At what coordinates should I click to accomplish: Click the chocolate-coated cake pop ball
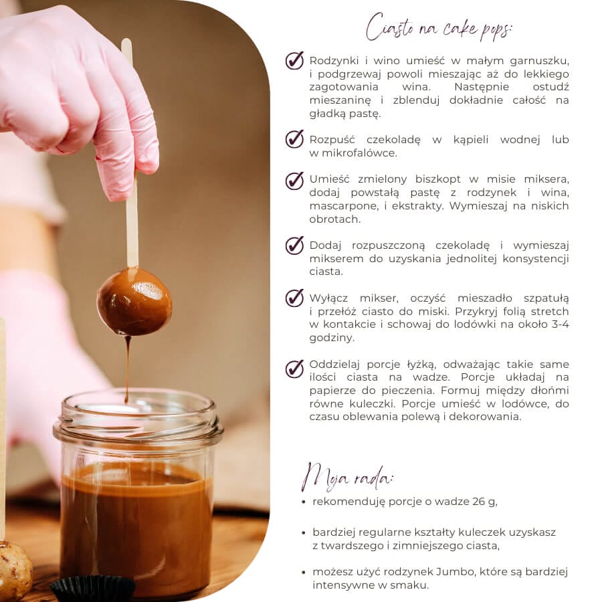134,302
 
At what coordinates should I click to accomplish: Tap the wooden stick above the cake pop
130,154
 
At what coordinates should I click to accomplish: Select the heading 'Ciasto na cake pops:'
438,27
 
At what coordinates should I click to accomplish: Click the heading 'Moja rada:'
347,477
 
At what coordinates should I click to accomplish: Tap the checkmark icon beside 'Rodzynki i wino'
294,60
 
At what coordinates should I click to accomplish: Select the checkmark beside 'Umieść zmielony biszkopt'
294,181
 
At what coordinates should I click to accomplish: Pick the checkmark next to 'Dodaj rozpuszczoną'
294,245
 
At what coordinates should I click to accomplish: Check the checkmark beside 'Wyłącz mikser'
294,298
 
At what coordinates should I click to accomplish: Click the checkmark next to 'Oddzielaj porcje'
294,369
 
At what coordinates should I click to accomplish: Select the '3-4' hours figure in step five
560,324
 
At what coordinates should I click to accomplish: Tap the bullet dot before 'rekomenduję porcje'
304,502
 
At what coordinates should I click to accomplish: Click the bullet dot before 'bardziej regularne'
304,532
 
